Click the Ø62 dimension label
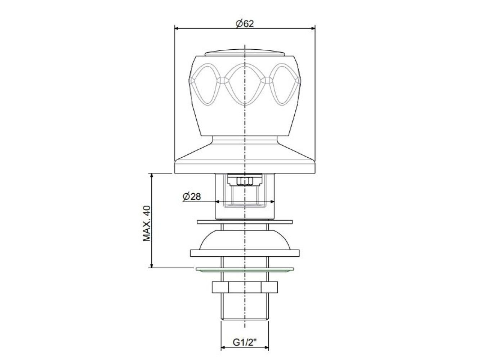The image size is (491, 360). click(x=245, y=24)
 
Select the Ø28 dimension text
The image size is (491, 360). click(x=192, y=197)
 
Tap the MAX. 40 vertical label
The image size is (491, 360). click(x=147, y=224)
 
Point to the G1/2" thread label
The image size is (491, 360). click(x=245, y=342)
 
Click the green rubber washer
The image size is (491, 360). click(x=245, y=269)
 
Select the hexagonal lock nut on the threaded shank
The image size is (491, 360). click(x=245, y=287)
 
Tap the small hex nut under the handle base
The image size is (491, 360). click(x=245, y=181)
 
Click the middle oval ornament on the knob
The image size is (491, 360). click(x=245, y=84)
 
